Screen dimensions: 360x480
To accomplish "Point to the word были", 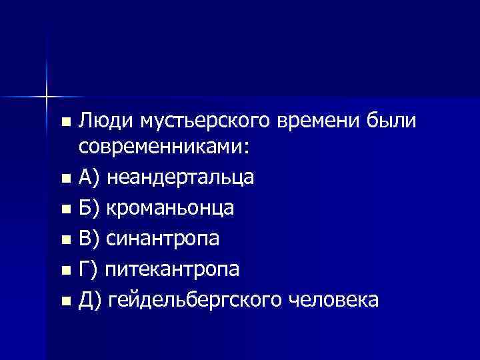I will coord(392,122).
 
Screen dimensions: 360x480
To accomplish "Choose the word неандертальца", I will coord(180,178).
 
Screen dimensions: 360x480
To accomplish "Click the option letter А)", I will coord(89,178).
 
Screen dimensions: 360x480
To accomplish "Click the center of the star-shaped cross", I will coord(47,95).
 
